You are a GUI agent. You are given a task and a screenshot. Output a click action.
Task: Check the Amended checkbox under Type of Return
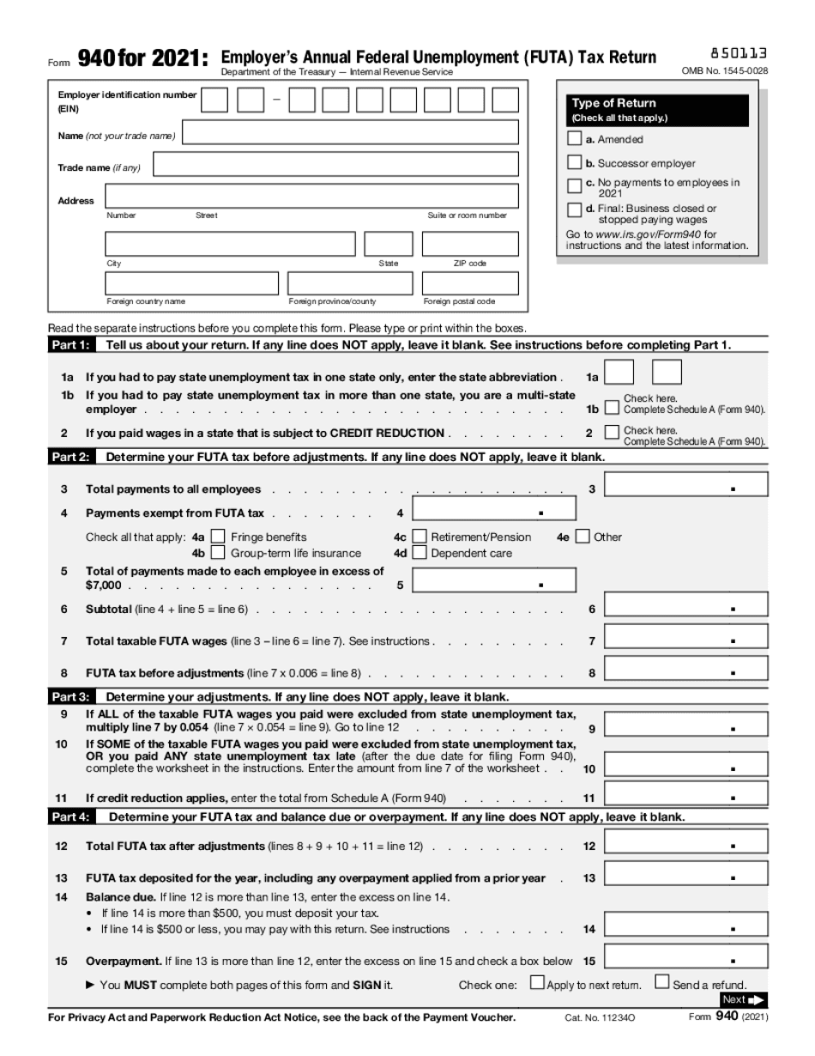point(575,138)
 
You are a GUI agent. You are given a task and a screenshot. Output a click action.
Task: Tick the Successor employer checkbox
point(575,162)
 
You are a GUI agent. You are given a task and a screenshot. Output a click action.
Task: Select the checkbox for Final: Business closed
point(575,209)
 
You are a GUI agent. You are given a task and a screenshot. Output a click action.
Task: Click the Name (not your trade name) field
point(351,132)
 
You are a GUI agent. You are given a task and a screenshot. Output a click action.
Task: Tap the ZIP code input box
point(469,244)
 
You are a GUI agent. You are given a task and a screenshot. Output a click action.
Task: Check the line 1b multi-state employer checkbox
point(612,409)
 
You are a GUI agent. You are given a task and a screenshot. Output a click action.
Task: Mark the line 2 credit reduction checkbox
point(612,433)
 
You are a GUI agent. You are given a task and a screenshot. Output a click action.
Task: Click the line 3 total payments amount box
point(686,485)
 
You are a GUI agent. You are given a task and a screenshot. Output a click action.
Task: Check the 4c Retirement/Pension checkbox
point(420,537)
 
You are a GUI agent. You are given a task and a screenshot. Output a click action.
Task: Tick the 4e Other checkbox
point(583,537)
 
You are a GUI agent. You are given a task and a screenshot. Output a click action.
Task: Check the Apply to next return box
point(537,982)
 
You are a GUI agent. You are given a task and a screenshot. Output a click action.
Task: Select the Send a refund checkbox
point(662,982)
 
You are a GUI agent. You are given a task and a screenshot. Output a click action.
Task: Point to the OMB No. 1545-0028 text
point(724,70)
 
